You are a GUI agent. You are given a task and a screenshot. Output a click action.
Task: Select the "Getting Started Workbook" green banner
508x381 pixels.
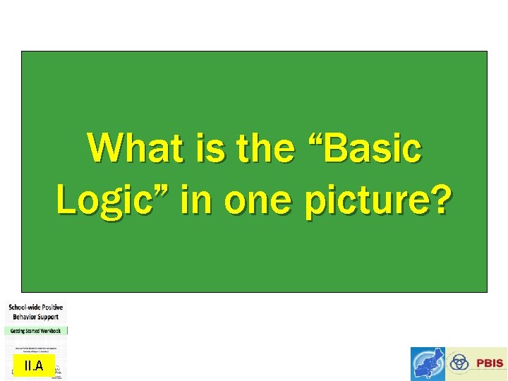tap(36, 330)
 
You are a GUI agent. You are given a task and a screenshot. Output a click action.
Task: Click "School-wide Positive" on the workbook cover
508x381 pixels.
tap(36, 308)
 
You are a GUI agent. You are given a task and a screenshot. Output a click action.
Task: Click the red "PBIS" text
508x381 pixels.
tap(490, 363)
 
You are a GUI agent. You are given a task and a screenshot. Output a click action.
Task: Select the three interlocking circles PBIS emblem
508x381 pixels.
tap(459, 363)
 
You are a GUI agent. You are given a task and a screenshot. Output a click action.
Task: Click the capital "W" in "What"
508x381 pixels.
tap(103, 149)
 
